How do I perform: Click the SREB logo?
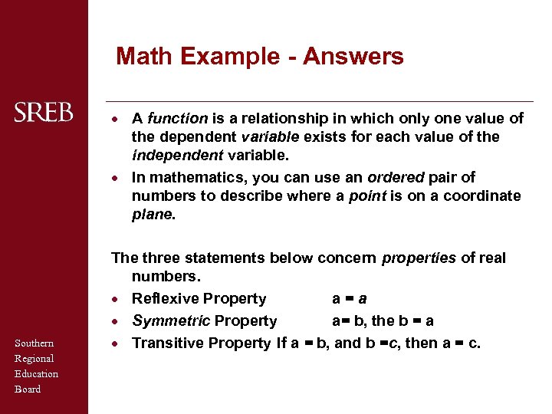44,113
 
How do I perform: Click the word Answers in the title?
353,56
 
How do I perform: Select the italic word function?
177,118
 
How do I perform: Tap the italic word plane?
152,215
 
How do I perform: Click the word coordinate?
481,195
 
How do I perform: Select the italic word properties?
418,258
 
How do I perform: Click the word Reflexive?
164,298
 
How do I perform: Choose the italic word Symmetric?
170,320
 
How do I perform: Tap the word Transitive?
166,343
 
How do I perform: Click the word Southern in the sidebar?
34,343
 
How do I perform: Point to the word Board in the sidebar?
28,389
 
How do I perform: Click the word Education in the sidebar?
37,373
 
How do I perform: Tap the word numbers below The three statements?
160,276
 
